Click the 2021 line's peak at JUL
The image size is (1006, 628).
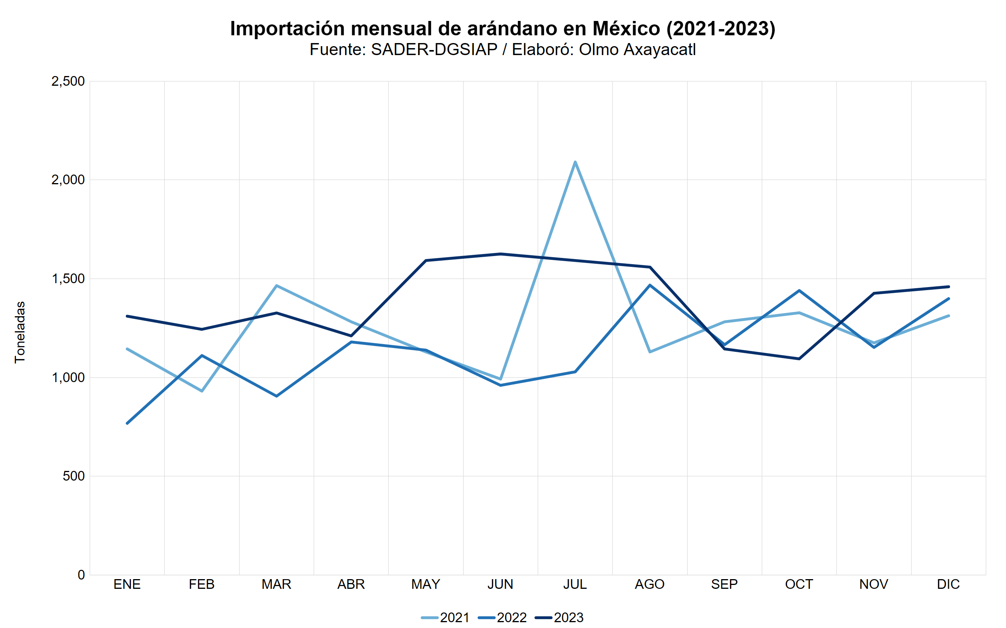(x=575, y=162)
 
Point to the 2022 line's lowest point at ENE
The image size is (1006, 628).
(x=127, y=423)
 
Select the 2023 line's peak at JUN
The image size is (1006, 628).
(x=500, y=254)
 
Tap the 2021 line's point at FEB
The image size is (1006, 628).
(x=202, y=391)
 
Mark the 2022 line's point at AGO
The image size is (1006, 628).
(x=650, y=285)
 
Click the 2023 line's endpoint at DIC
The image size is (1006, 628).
(x=948, y=287)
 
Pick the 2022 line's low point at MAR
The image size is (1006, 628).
(x=276, y=396)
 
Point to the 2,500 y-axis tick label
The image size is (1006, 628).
(x=68, y=81)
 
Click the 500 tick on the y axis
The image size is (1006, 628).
(x=74, y=476)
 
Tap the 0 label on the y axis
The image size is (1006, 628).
(x=81, y=575)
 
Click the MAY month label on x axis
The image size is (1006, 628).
(x=426, y=585)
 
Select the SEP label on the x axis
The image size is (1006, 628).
(x=724, y=585)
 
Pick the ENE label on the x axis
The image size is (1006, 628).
(x=127, y=585)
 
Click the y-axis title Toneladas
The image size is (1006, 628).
(x=20, y=332)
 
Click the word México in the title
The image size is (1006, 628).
(x=626, y=29)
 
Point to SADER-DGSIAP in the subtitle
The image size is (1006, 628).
(x=434, y=49)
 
